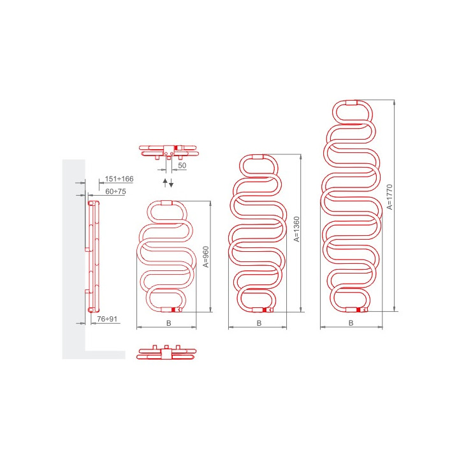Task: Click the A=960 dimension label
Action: (206, 257)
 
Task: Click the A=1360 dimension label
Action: (297, 229)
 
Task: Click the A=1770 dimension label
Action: (390, 197)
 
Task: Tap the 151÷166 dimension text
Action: (119, 178)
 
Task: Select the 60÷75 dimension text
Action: (115, 191)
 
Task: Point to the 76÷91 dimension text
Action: (107, 319)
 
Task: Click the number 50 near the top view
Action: (182, 165)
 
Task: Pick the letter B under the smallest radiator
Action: (168, 323)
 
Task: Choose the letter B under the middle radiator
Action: (259, 323)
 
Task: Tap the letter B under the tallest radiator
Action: (351, 323)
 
